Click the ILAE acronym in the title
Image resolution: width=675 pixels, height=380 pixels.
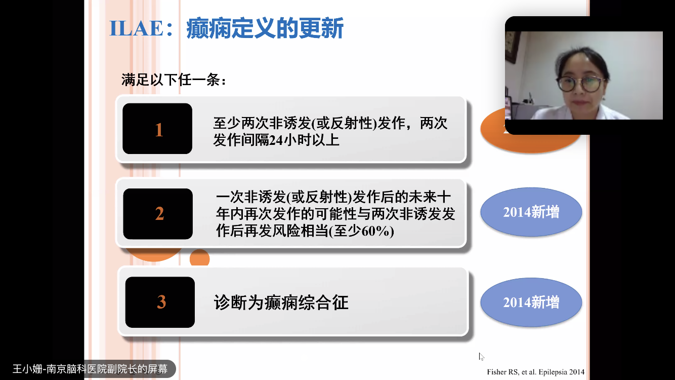136,28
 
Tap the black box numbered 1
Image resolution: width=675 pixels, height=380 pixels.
157,129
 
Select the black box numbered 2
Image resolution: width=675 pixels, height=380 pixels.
158,214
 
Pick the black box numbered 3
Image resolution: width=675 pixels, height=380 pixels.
160,302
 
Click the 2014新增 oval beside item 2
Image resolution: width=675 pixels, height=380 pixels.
531,212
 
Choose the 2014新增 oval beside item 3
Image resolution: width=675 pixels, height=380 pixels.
531,302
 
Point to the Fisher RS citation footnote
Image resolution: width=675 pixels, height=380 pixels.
535,372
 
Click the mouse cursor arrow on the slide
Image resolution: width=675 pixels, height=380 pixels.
481,357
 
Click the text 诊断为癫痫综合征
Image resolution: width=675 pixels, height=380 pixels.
281,302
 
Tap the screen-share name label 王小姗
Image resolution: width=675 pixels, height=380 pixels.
27,369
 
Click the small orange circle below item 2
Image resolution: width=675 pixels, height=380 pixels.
199,258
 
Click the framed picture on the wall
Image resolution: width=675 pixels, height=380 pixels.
512,47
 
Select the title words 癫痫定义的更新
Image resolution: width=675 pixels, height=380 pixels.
265,28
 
